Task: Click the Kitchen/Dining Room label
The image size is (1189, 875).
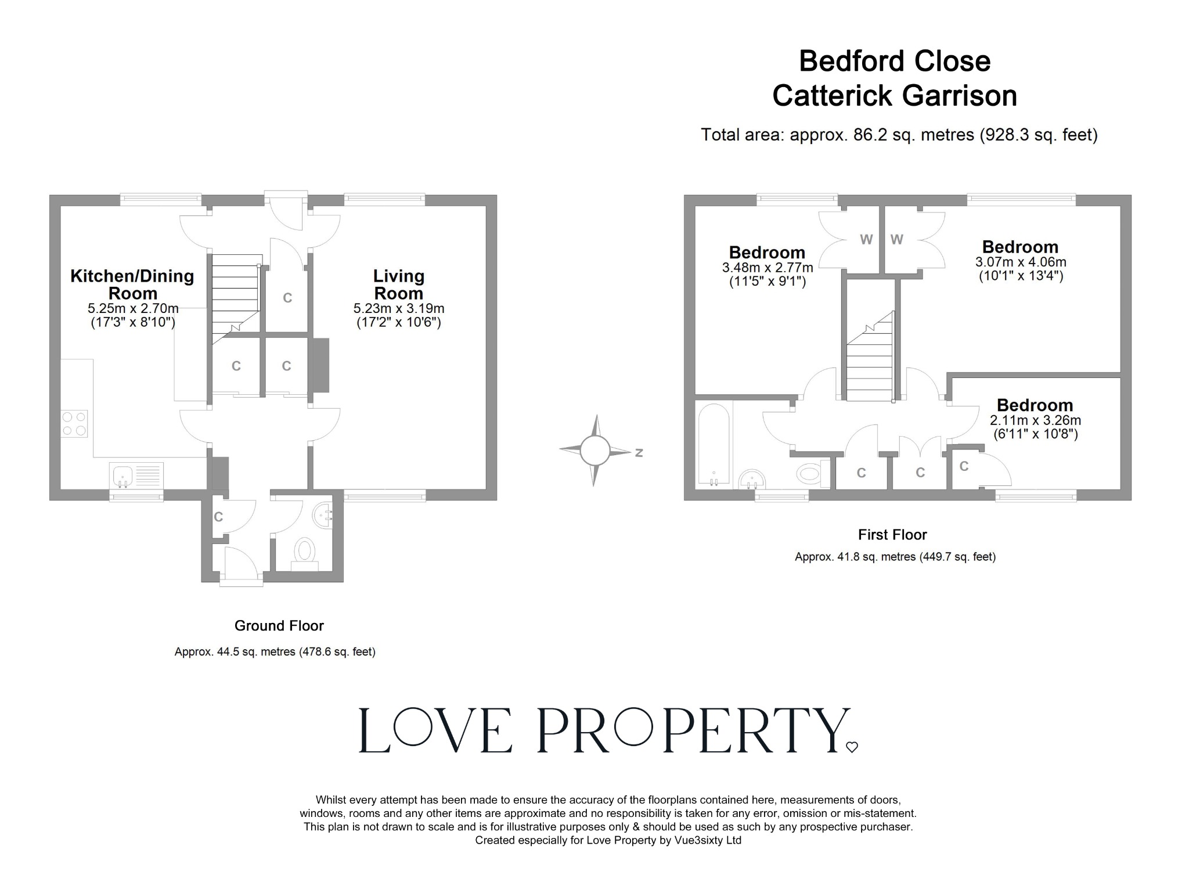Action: pos(132,284)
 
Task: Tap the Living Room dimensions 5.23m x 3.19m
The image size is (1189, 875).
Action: pos(398,308)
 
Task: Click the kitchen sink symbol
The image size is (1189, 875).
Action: pos(123,476)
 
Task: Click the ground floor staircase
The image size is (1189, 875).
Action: pos(234,296)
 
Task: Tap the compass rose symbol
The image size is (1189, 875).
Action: pos(594,451)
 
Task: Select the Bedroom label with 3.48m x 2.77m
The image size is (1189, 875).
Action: pos(767,253)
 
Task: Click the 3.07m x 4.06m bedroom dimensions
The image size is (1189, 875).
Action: pos(1021,262)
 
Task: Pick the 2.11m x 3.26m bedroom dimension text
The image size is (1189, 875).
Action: pos(1035,420)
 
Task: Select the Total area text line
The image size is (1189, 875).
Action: pos(899,135)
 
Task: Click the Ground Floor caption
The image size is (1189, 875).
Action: pos(279,625)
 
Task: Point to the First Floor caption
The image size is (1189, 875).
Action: pos(892,534)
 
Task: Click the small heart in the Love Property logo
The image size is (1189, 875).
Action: pos(852,747)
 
